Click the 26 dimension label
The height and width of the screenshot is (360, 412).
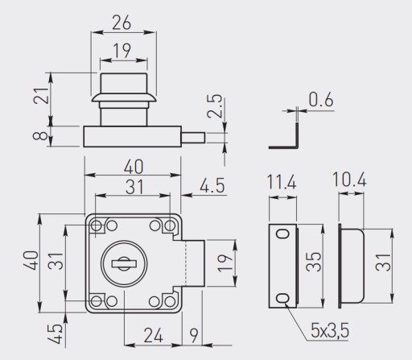122,23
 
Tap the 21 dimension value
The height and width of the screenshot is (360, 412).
41,96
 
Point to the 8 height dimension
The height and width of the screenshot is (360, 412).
40,136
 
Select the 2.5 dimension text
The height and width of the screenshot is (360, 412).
215,106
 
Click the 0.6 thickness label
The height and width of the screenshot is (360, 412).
321,99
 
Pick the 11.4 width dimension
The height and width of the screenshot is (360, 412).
282,182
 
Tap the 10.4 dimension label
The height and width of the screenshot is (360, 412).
349,180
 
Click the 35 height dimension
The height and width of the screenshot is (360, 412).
314,262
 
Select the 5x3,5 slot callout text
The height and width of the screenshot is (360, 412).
330,330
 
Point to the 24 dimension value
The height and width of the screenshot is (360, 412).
153,335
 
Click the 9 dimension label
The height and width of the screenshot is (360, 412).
194,335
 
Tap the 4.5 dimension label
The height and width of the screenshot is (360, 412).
212,185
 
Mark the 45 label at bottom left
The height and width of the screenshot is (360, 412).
55,334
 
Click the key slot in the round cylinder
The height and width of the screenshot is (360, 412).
124,264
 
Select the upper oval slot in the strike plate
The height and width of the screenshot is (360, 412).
283,234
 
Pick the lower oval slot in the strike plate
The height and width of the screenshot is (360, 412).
282,298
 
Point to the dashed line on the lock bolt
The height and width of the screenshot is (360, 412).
186,263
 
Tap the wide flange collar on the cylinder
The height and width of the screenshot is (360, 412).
124,98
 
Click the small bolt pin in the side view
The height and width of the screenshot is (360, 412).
193,138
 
